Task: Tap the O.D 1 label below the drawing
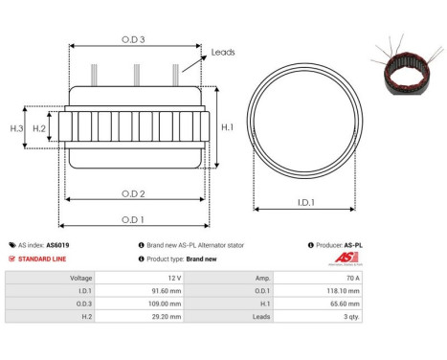click(x=133, y=220)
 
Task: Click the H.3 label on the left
click(x=16, y=127)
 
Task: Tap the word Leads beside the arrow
click(x=223, y=53)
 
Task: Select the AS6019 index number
click(x=57, y=245)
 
